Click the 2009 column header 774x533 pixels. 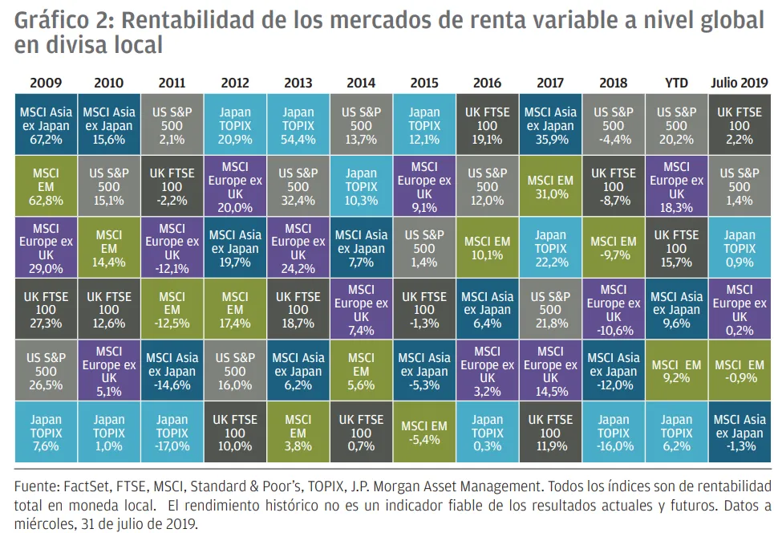[46, 83]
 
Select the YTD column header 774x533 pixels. [676, 83]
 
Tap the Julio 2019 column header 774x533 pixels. [739, 83]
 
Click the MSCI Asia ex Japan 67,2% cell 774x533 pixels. [46, 125]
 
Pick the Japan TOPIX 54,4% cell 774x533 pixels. [298, 125]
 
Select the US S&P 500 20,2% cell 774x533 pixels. [676, 125]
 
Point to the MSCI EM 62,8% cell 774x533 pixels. [46, 187]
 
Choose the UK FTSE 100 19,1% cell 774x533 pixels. [487, 125]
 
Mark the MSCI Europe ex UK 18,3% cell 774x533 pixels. [676, 187]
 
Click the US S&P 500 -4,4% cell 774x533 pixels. [613, 125]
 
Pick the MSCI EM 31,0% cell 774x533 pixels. [550, 187]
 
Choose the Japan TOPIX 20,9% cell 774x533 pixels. [234, 125]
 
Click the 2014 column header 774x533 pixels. [361, 83]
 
